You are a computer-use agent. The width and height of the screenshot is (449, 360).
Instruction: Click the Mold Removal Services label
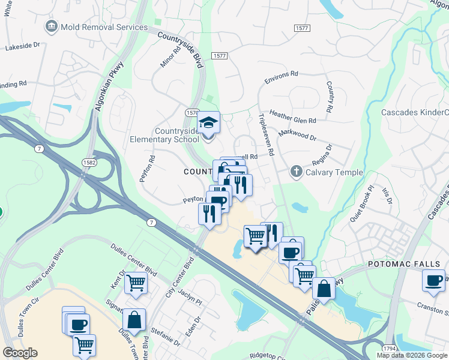(104, 27)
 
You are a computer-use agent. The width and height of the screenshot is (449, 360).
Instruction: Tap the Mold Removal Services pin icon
(51, 26)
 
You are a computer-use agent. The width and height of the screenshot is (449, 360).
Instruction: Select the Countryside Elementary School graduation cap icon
(208, 122)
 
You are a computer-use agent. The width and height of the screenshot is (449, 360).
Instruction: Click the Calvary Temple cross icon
(296, 172)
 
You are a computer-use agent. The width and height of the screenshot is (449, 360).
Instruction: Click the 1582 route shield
(88, 162)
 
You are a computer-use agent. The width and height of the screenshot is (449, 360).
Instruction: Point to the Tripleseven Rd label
(267, 135)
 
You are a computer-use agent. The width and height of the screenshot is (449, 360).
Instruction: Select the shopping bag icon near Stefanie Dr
(135, 320)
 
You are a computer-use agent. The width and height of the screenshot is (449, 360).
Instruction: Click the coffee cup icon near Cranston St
(433, 280)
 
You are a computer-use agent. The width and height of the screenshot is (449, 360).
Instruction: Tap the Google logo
(20, 353)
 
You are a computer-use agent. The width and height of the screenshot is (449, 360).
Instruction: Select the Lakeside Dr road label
(22, 45)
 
